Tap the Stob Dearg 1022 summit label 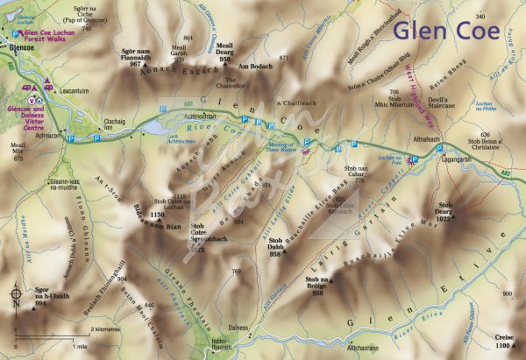tap(445, 210)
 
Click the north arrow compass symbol tap(15, 294)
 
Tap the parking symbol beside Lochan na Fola tap(416, 159)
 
